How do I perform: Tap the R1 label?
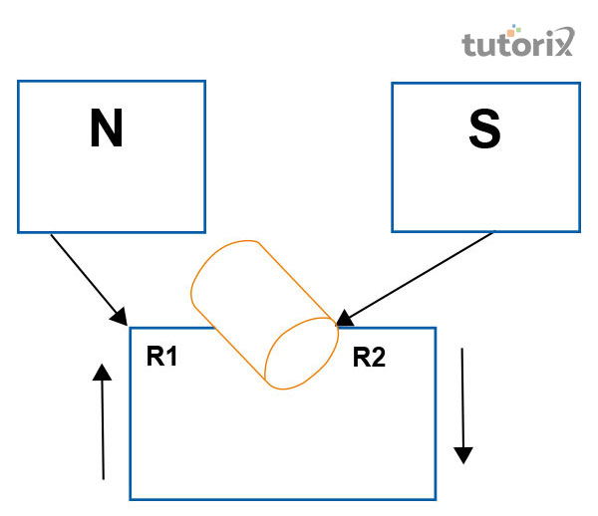161,357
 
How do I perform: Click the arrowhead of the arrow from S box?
343,319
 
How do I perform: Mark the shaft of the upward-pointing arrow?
102,428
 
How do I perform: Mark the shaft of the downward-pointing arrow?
461,398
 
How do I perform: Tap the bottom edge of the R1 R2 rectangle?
283,498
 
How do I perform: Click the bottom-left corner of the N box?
19,231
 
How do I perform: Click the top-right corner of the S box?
579,84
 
